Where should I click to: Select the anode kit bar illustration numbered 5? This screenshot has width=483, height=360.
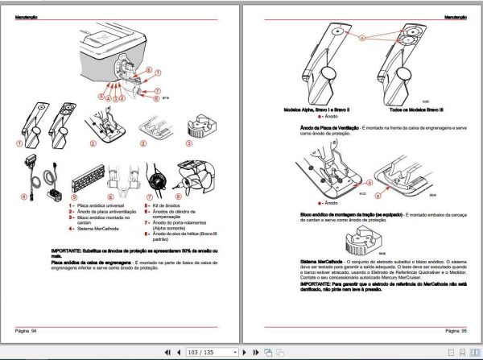(x=85, y=173)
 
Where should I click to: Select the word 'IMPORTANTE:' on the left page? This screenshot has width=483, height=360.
(x=69, y=251)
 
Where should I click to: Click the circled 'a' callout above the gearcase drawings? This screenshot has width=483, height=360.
(x=363, y=38)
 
